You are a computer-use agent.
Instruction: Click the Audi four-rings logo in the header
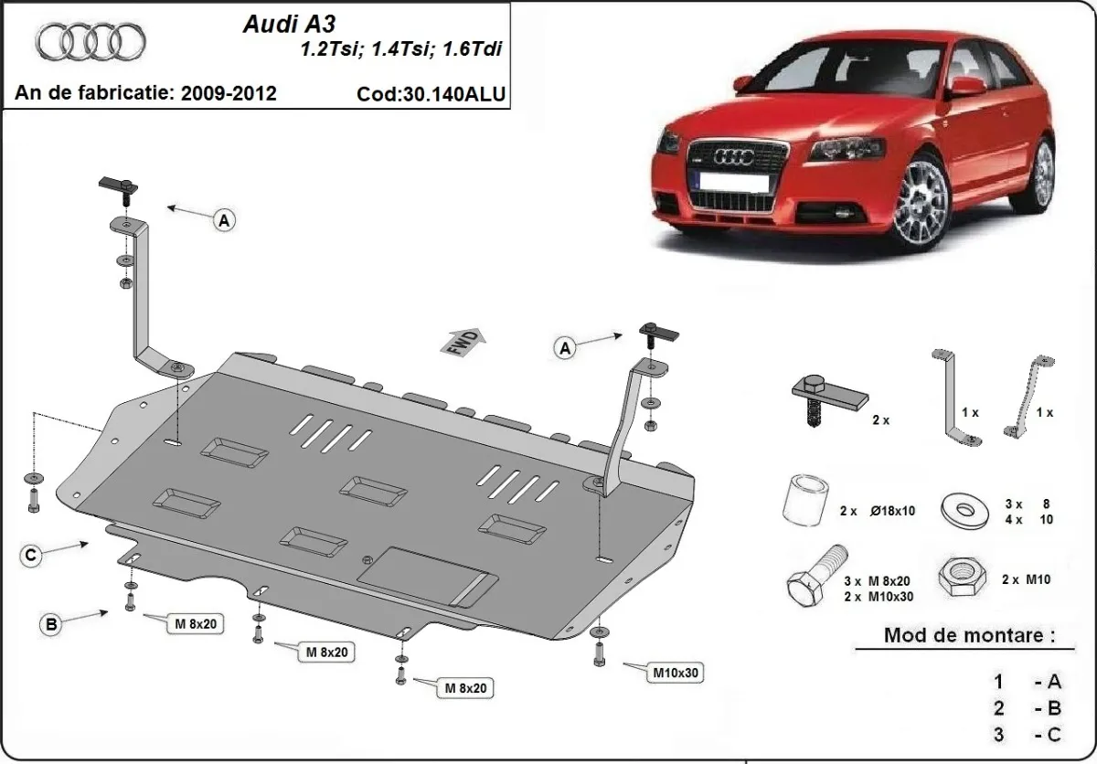click(x=91, y=41)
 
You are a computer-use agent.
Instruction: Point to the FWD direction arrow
click(x=465, y=342)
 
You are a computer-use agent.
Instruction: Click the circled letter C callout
click(x=30, y=554)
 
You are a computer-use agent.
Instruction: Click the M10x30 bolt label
click(x=675, y=674)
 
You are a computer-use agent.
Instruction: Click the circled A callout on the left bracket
click(x=224, y=219)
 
